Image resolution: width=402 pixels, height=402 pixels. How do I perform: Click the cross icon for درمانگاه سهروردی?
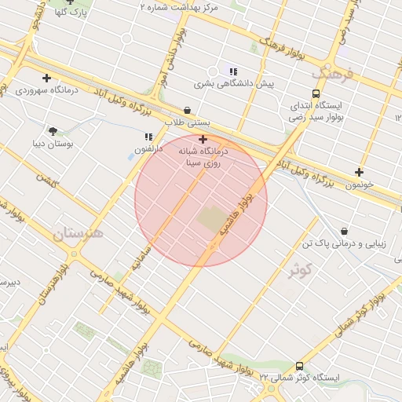tap(47, 78)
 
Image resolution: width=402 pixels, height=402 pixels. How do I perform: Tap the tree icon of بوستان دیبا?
tap(53, 131)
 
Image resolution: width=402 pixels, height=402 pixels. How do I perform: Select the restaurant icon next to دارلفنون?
tap(148, 137)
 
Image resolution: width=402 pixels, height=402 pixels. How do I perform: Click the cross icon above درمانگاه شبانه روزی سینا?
tap(203, 139)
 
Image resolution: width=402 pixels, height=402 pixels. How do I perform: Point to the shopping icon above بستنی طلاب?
tap(187, 111)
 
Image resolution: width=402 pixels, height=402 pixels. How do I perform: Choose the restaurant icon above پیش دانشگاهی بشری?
tap(232, 71)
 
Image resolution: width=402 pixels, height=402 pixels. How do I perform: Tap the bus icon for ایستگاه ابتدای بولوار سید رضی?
tap(316, 93)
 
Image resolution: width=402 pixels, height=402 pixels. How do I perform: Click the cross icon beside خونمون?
tap(360, 172)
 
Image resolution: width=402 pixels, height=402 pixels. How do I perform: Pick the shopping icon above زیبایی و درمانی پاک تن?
tap(344, 231)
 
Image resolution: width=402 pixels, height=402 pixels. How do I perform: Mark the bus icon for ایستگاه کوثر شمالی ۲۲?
tap(299, 366)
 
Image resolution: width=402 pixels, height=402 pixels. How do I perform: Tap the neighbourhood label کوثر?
tap(300, 271)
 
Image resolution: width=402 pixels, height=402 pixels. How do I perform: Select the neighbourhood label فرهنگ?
tap(333, 75)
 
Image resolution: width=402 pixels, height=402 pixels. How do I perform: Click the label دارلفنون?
tap(147, 148)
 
